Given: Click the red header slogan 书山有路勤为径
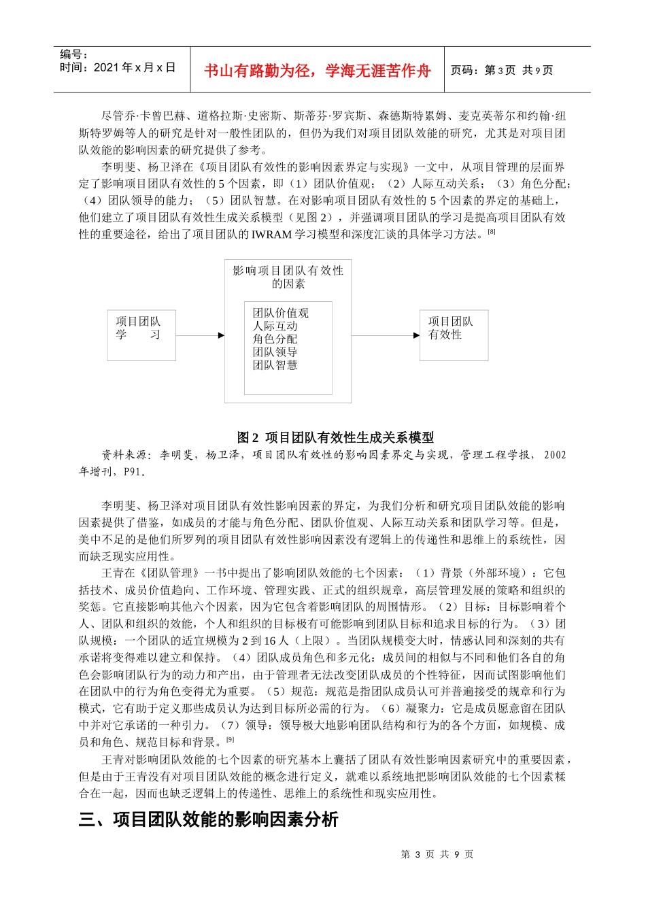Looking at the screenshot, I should tap(317, 71).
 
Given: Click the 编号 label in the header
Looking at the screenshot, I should tap(73, 55).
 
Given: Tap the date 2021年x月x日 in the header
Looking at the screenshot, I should tap(117, 67).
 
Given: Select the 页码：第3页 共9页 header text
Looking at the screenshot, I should tap(502, 71).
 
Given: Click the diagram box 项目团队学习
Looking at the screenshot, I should tap(141, 335).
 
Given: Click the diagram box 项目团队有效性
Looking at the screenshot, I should tap(454, 335).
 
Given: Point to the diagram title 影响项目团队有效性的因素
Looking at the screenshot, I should tap(288, 277).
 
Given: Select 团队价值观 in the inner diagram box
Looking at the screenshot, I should tap(280, 313).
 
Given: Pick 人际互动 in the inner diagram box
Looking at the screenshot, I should tap(275, 326).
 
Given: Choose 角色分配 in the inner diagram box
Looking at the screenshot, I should tap(275, 339).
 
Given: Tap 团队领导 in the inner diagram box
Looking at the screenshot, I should tap(275, 352).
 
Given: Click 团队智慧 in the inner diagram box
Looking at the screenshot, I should tap(275, 365).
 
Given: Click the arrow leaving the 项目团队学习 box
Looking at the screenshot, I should tap(200, 335).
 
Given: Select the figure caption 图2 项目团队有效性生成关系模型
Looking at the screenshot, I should tap(335, 437).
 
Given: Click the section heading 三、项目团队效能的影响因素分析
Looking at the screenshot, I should tap(208, 819).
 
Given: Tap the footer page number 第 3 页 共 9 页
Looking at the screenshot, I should tap(437, 854).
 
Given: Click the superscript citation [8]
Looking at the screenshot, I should tap(492, 232).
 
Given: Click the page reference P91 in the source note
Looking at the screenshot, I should tap(133, 472).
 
